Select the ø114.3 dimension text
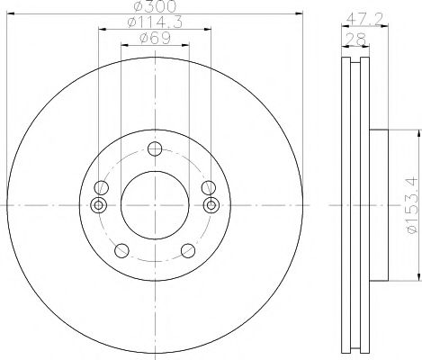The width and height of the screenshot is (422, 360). click(x=155, y=25)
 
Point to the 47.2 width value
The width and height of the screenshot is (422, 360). click(x=358, y=16)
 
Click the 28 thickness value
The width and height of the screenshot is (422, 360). click(x=357, y=38)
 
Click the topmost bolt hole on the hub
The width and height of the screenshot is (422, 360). click(x=155, y=148)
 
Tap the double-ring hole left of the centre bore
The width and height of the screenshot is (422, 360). click(x=99, y=204)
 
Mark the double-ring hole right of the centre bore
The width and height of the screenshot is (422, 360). click(x=211, y=204)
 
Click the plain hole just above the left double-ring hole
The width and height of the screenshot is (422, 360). click(x=102, y=187)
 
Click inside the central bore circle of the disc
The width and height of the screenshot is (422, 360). click(x=155, y=205)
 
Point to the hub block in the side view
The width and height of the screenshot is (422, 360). click(x=378, y=205)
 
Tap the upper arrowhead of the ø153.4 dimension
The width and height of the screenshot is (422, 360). click(x=418, y=132)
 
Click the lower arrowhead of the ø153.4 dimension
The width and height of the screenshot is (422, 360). click(x=418, y=277)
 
